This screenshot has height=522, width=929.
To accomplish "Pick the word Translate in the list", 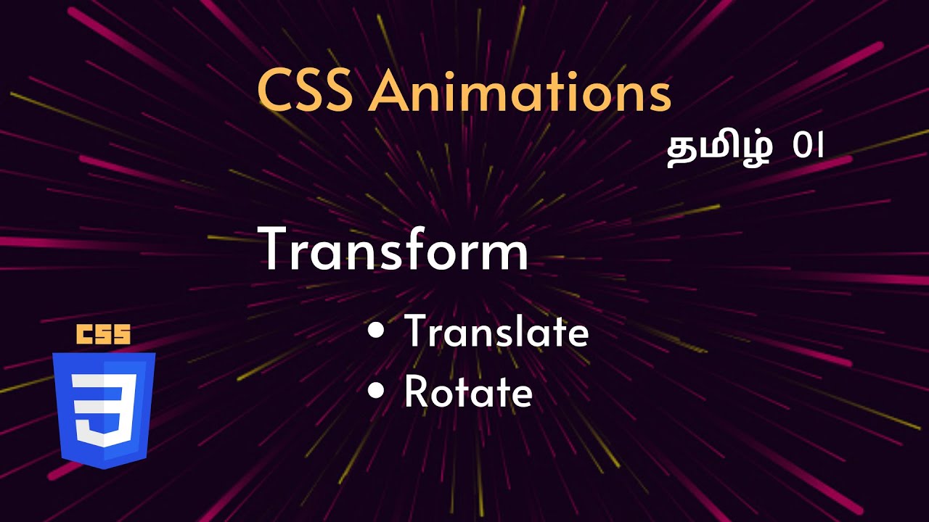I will (496, 332).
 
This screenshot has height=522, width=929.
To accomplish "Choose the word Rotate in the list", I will (468, 392).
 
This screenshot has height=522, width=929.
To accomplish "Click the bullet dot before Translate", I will (375, 331).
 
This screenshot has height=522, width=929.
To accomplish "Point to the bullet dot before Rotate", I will (375, 391).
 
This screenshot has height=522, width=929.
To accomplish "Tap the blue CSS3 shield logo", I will (103, 410).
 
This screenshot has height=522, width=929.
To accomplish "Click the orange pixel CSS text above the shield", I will (103, 334).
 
